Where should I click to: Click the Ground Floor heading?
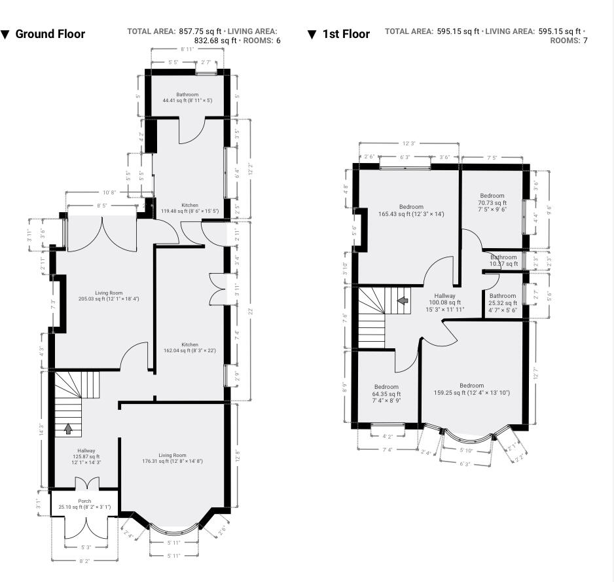50,34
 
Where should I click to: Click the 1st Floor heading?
346,34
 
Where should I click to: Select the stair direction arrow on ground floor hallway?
68,429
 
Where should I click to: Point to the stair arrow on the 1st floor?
403,300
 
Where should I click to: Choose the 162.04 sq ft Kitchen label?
189,348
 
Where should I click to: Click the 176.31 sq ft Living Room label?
172,458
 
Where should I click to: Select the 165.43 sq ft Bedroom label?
411,210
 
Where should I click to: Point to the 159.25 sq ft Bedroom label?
471,390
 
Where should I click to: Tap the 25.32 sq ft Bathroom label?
503,300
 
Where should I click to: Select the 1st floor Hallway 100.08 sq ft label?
445,302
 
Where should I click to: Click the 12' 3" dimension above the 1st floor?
409,143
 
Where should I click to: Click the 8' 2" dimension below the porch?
85,561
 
